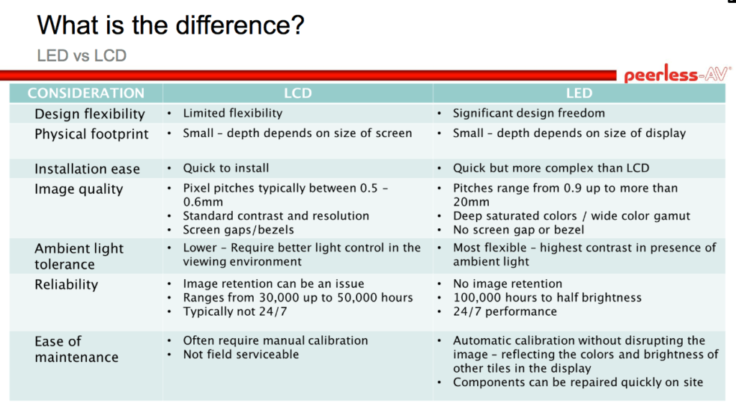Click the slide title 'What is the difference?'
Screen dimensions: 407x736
170,26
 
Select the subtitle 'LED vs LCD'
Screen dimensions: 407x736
81,55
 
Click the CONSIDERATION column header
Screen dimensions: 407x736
86,93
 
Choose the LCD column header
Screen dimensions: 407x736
298,93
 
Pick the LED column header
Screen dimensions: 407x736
579,93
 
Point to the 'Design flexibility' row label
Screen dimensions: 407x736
90,114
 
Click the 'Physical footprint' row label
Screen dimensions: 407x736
91,134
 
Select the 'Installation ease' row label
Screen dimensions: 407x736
87,169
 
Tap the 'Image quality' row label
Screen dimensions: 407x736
79,189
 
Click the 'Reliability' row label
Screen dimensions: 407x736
66,284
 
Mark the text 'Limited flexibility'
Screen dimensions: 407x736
232,113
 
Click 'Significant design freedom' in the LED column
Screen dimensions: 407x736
528,113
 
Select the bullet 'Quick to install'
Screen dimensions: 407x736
226,168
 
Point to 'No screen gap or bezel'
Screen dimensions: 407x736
518,230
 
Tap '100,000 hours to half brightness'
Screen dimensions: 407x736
547,297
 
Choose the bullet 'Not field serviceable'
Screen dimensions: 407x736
241,354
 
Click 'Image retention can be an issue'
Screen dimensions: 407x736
273,284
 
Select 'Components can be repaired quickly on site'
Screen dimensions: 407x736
578,383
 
